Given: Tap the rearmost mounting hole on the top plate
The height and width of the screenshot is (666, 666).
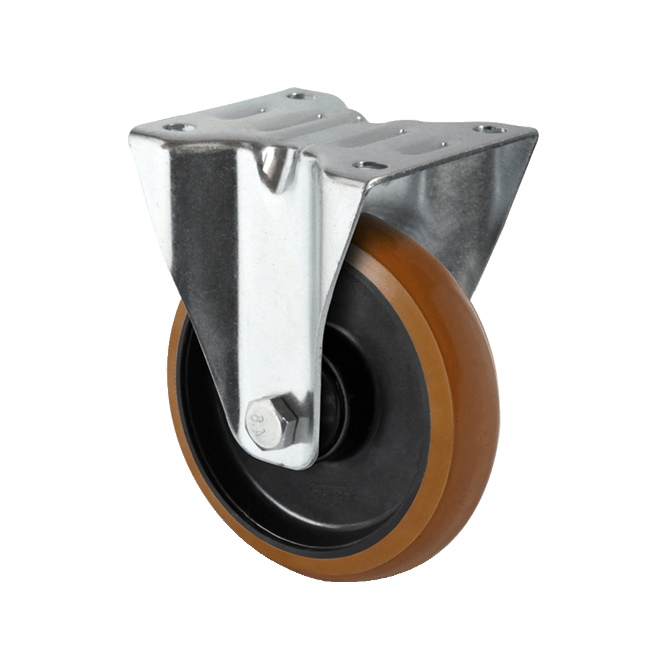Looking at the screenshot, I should click(x=300, y=96).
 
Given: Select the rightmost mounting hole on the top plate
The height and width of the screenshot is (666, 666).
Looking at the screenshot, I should click(x=490, y=129).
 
